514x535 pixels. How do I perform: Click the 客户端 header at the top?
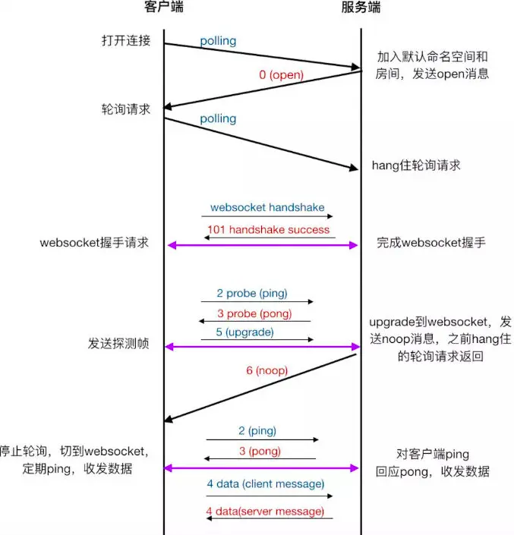pos(163,8)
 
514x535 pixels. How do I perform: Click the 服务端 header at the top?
pos(361,8)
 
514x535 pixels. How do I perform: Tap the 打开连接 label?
pos(126,40)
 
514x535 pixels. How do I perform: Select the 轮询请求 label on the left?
pos(126,109)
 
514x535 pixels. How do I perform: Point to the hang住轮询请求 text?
pos(416,165)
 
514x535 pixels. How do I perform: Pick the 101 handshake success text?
pos(268,229)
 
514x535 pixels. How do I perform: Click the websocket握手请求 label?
pos(96,244)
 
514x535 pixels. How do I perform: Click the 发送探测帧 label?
pos(118,344)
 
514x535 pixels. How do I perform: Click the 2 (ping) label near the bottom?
pos(257,430)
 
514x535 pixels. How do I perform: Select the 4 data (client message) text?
pos(266,483)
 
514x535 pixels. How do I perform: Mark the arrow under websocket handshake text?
pos(267,216)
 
